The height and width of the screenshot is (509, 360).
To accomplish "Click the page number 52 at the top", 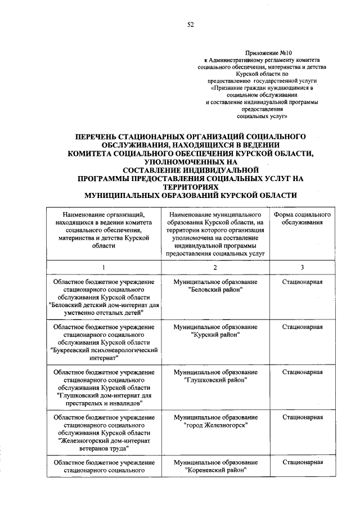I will [191, 24].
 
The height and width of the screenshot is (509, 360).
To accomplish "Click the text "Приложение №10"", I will [266, 52].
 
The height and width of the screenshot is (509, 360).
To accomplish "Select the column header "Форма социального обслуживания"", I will [302, 219].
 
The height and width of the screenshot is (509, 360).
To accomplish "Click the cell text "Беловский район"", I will [216, 290].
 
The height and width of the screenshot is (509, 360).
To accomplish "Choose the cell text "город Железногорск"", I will [216, 426].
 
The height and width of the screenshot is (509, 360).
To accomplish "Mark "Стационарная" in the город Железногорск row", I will [302, 418].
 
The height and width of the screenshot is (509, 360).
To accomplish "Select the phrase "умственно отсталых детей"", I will [103, 312].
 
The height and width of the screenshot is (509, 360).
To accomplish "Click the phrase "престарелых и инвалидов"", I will [103, 403].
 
